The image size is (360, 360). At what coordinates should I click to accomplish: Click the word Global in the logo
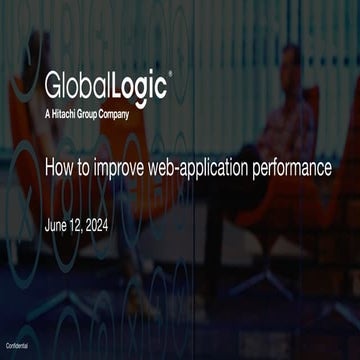(75, 83)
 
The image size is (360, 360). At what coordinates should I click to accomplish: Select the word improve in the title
(122, 169)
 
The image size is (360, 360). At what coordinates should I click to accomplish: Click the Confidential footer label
(17, 343)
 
